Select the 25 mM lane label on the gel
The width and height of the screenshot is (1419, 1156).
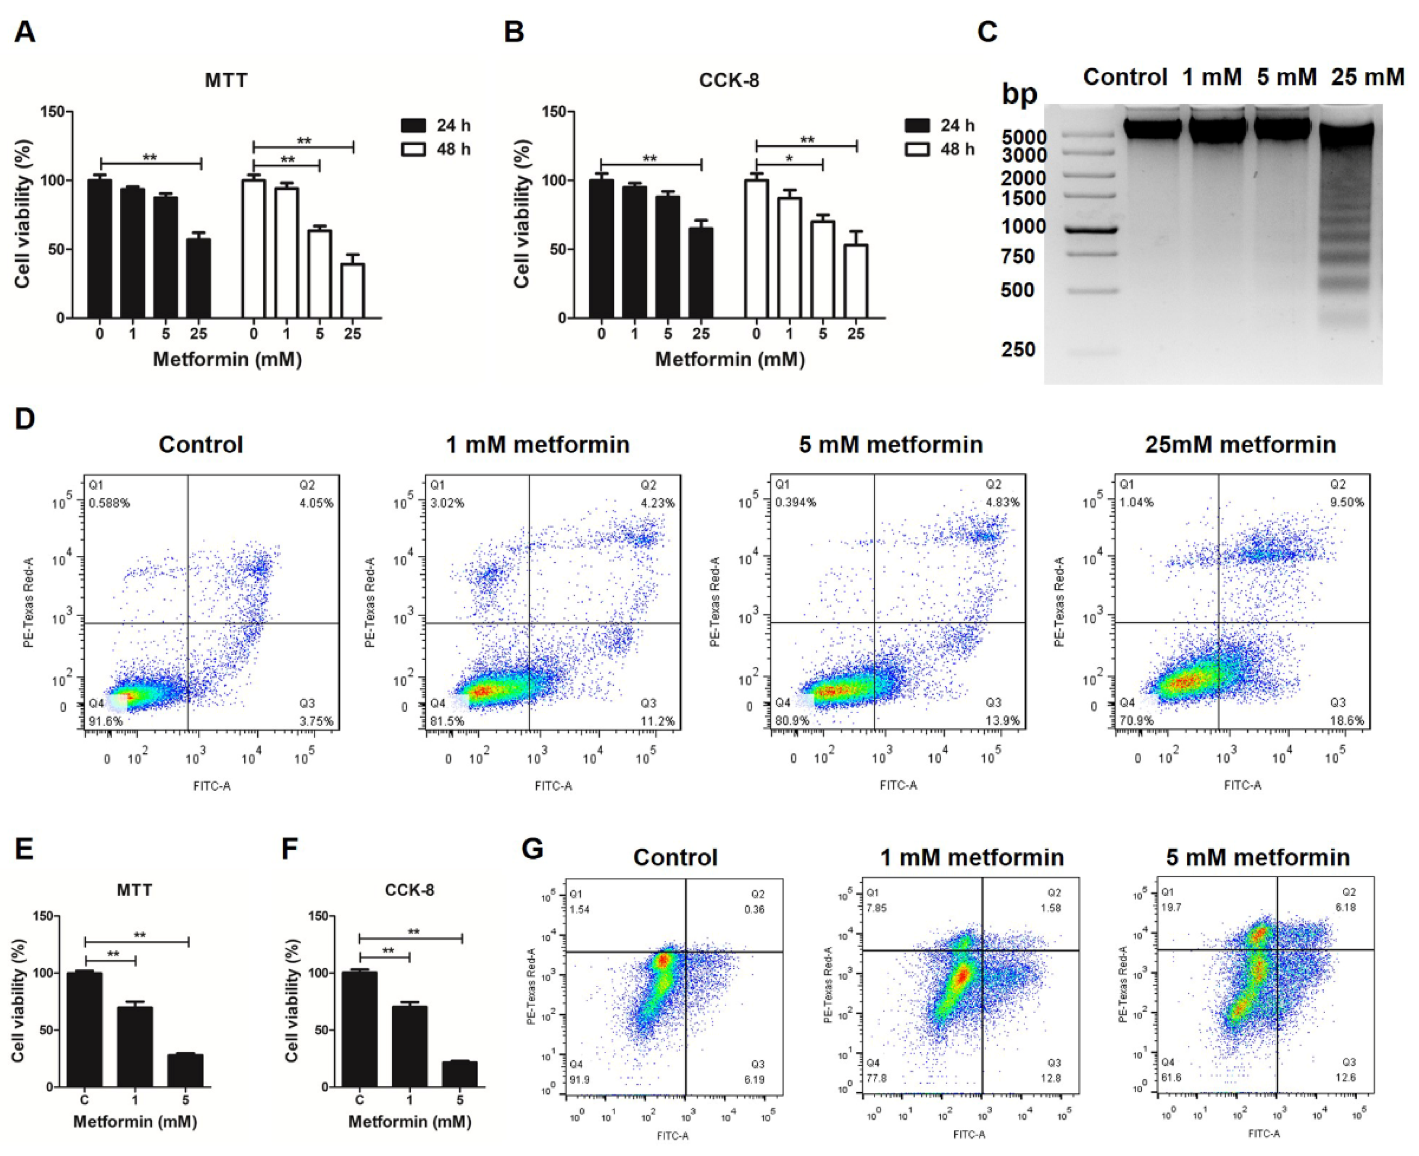(x=1368, y=77)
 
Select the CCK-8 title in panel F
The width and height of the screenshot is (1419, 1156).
(x=409, y=890)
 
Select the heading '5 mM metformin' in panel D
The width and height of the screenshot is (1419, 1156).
(x=891, y=444)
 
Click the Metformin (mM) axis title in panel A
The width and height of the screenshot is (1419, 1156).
(x=227, y=360)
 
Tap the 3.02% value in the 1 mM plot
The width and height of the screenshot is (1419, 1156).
(x=447, y=503)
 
